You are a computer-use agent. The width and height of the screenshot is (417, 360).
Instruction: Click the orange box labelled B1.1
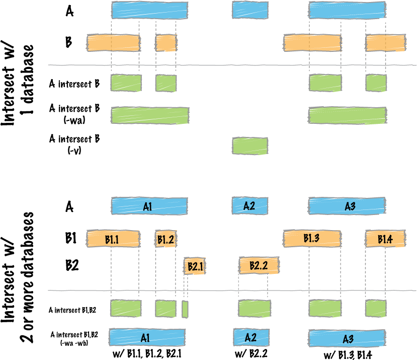pos(113,239)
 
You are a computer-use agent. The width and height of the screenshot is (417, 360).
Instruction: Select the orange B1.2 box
pos(165,240)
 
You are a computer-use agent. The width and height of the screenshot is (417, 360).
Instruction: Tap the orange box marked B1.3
pos(312,238)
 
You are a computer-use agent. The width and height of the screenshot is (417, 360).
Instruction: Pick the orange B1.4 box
pos(385,239)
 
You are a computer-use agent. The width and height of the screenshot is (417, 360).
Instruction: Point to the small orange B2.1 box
pos(195,266)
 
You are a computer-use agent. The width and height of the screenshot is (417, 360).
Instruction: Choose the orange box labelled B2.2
pos(259,265)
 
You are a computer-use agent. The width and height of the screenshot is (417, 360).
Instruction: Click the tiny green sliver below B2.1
pos(185,309)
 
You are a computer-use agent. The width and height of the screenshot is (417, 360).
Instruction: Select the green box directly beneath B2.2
pos(255,308)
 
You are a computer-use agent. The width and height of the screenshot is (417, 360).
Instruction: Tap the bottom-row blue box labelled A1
pos(147,337)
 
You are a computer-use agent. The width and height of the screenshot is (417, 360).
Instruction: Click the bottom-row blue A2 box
pos(251,337)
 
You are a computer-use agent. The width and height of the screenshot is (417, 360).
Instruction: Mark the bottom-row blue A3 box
pos(347,338)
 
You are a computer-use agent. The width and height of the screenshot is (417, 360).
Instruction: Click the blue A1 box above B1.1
pos(149,206)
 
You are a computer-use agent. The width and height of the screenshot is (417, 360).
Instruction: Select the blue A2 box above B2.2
pos(250,205)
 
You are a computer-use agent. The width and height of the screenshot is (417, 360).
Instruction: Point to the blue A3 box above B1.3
pos(347,206)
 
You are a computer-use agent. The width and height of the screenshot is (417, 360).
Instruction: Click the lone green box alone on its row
pos(250,146)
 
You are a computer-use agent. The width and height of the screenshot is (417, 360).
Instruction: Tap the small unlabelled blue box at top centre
pos(250,10)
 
